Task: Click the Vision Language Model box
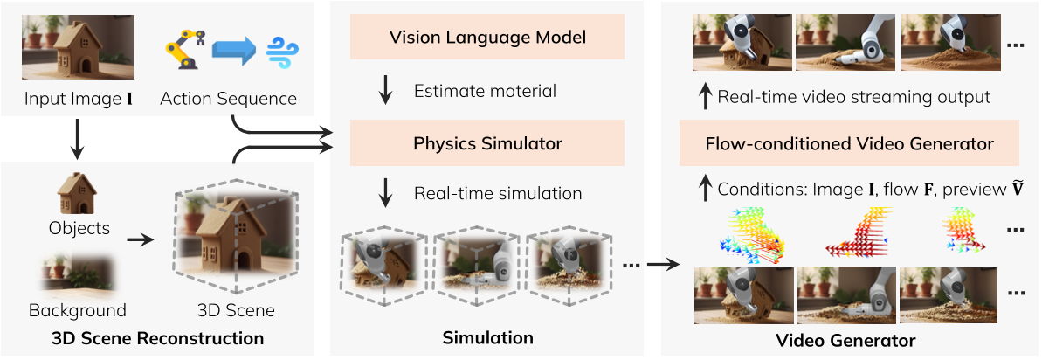click(486, 38)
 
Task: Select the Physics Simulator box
click(486, 142)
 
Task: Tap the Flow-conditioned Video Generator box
click(849, 142)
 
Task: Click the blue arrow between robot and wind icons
click(231, 51)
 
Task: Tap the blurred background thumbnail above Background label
click(77, 273)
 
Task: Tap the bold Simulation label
click(487, 337)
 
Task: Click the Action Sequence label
click(228, 99)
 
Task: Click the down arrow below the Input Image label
click(77, 142)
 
